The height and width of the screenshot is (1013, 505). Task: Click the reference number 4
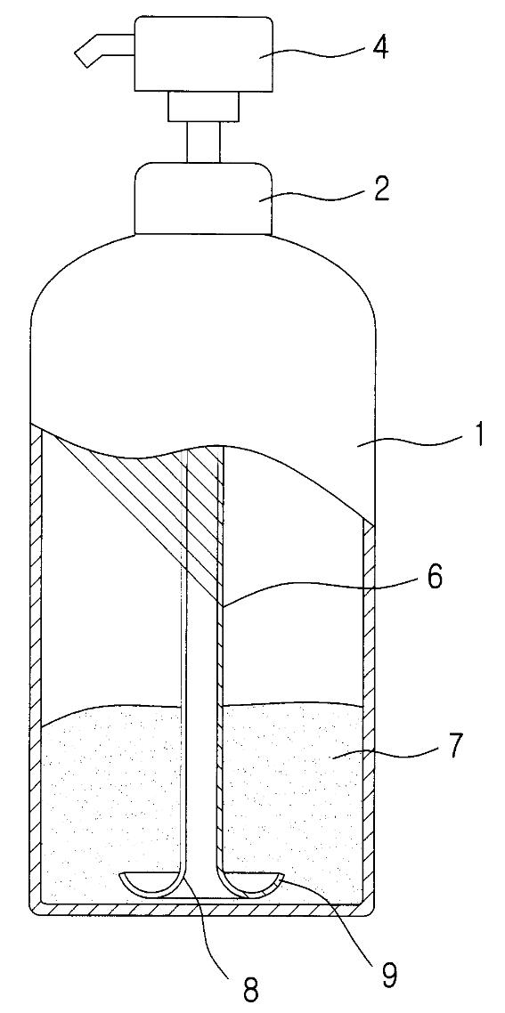(379, 48)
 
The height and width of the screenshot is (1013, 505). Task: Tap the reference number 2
(381, 190)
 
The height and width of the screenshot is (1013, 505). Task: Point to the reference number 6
(435, 577)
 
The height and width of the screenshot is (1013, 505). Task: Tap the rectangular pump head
(202, 54)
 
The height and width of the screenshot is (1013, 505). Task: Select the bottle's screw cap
(202, 199)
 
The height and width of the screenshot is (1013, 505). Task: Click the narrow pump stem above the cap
(203, 142)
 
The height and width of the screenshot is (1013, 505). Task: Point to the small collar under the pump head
(203, 106)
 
